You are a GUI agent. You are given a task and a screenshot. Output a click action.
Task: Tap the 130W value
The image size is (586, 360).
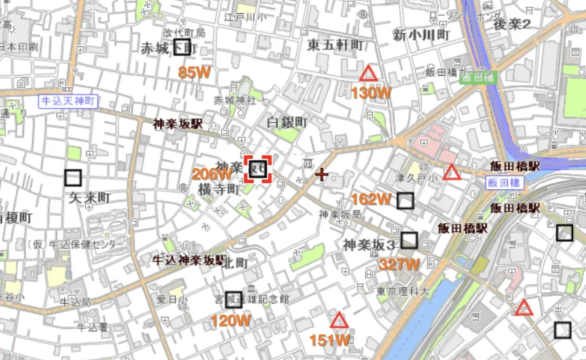tap(371, 93)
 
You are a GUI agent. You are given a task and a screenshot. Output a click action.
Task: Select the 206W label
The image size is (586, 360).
tap(212, 174)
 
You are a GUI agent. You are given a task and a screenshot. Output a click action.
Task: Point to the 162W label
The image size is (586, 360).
tap(371, 199)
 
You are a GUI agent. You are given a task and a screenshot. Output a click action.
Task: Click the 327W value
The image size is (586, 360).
tap(399, 264)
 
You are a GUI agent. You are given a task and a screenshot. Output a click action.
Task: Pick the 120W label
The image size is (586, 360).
tap(231, 321)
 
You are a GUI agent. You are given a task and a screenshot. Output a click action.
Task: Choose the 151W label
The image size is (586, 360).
tap(330, 340)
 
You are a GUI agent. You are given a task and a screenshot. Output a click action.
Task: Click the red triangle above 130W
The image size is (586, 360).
tap(368, 74)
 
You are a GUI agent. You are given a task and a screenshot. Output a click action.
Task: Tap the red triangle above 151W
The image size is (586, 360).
tap(339, 321)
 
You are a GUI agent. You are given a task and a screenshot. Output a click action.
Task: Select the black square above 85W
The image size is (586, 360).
tap(182, 47)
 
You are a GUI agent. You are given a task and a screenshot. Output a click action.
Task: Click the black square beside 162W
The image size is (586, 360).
tap(405, 201)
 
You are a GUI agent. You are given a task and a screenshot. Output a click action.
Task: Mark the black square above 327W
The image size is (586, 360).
tap(409, 240)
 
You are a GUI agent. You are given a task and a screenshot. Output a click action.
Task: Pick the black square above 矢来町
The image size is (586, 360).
tap(73, 178)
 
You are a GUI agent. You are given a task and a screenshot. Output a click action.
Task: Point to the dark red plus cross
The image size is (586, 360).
tap(322, 174)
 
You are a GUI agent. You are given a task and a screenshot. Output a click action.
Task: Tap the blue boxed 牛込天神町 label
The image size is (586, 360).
tap(69, 101)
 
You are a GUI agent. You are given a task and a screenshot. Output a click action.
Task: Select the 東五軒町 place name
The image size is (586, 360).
tap(336, 45)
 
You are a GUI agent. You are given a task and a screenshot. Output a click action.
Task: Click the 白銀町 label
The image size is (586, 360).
tap(287, 122)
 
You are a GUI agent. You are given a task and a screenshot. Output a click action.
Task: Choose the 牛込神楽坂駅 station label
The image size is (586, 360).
tap(189, 261)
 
